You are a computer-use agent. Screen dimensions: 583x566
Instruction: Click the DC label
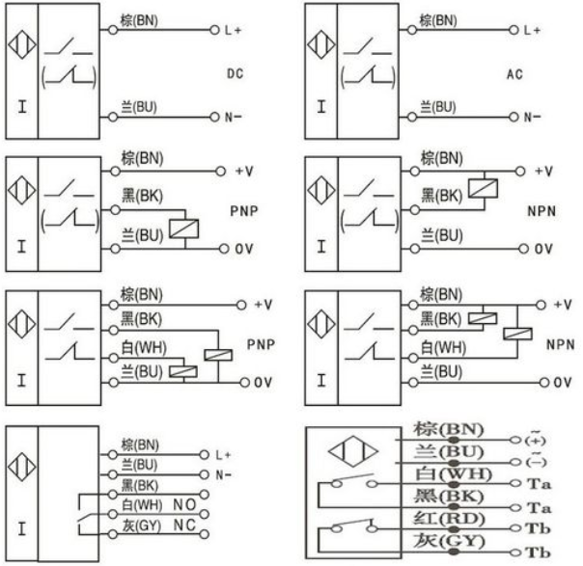tap(235, 73)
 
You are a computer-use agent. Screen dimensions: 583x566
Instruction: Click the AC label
tap(514, 74)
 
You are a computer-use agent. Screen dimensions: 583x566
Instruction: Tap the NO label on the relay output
tap(184, 504)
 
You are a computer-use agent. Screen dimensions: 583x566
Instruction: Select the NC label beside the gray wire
tap(184, 526)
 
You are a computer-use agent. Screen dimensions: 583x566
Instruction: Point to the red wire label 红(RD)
tap(449, 519)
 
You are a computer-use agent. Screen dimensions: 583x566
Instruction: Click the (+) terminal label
tap(535, 440)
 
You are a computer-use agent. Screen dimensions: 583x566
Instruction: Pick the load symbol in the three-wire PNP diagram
tap(184, 229)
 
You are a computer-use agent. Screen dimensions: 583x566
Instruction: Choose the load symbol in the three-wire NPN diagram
tap(483, 188)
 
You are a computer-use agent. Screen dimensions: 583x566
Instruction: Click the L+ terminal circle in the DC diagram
tap(214, 30)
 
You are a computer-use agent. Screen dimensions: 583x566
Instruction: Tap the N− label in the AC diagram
tap(532, 118)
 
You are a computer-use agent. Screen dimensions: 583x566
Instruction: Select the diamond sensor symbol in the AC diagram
tap(321, 45)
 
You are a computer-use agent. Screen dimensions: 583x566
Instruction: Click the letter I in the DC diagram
tap(22, 107)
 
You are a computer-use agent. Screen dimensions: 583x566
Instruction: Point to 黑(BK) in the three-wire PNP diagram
tap(142, 196)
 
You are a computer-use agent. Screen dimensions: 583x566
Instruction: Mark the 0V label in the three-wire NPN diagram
tap(543, 249)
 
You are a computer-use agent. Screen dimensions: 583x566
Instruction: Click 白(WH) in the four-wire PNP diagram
tap(144, 348)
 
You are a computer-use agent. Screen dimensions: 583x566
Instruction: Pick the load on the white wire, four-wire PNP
tap(183, 371)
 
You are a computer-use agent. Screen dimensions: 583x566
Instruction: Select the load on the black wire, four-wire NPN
tap(483, 318)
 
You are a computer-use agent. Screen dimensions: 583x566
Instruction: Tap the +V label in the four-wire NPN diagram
tap(563, 305)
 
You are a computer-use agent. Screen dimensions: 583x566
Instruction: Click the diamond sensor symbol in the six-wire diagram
tap(353, 451)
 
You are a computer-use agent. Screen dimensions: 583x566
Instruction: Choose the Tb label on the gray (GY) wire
tap(538, 553)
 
